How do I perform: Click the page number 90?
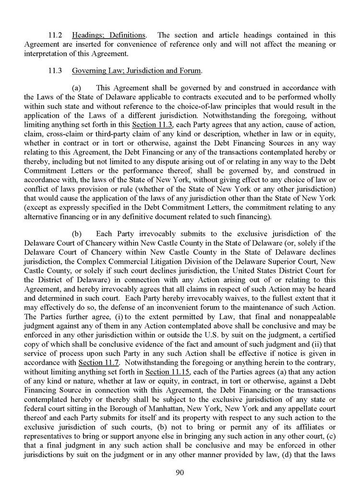click(x=180, y=473)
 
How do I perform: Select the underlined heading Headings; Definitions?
click(x=108, y=35)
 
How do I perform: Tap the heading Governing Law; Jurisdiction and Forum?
click(x=137, y=71)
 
